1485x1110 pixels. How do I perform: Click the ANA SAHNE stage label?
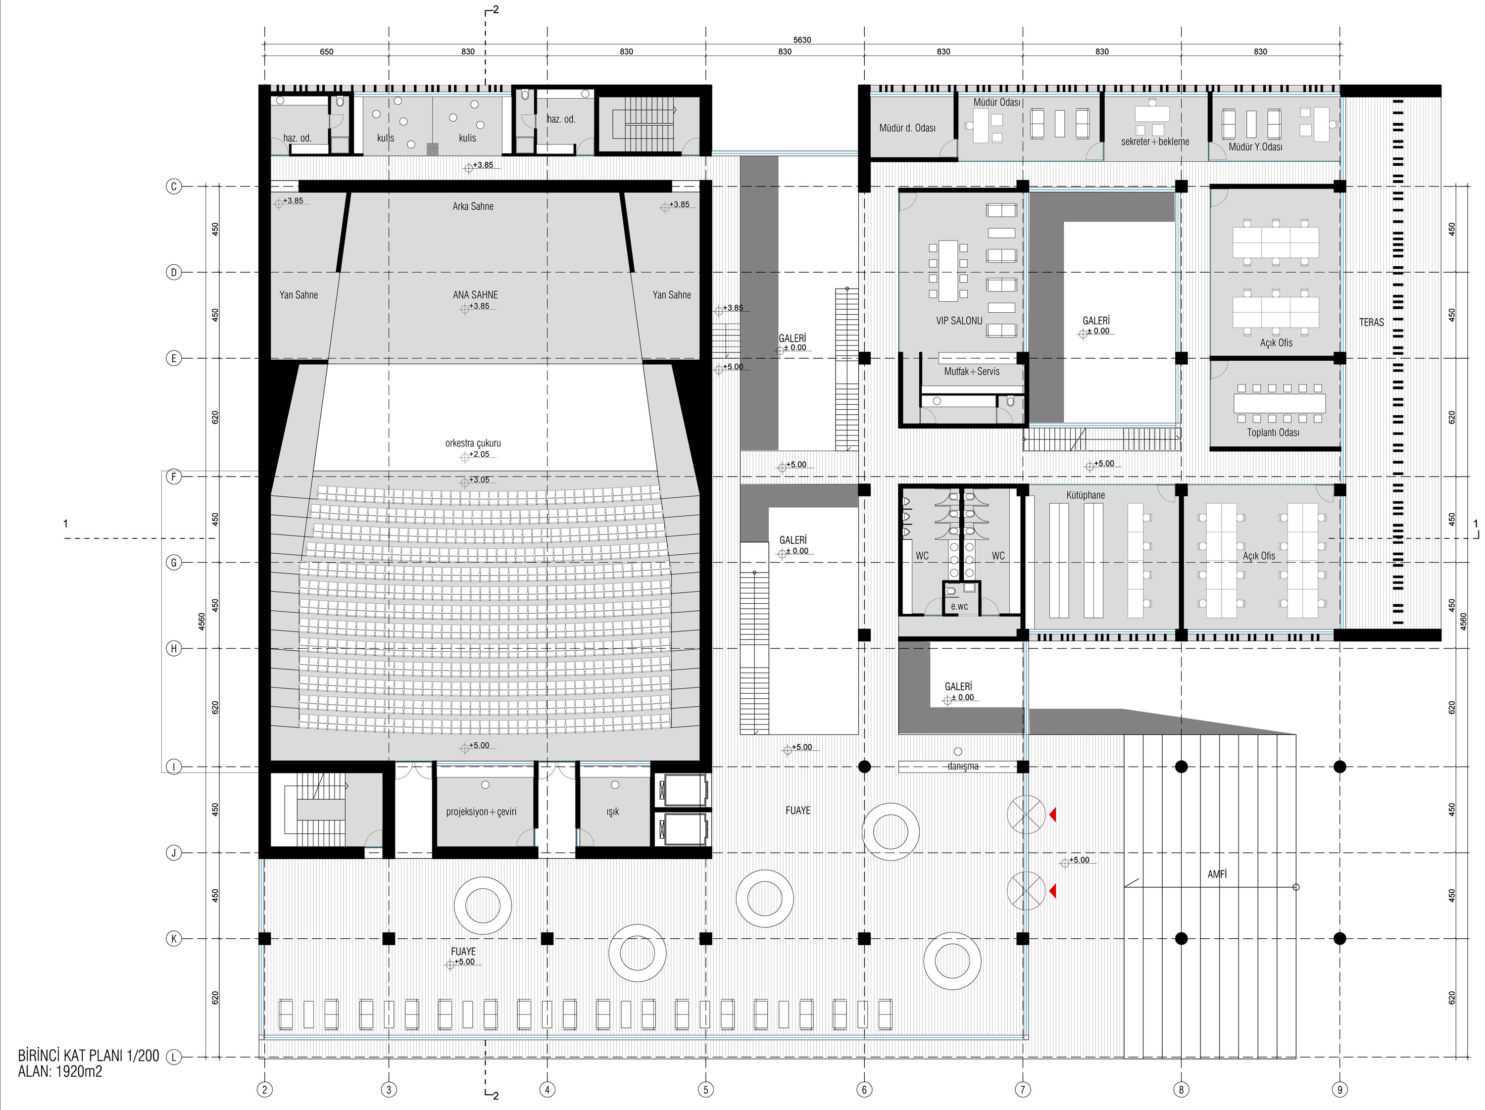[475, 294]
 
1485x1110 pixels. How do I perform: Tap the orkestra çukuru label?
[473, 443]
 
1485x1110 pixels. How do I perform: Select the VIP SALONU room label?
[959, 321]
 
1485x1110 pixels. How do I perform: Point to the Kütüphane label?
[1086, 495]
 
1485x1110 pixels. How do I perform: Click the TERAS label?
[1372, 322]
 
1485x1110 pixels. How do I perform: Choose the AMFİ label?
[1217, 874]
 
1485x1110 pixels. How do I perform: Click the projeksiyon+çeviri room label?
[481, 812]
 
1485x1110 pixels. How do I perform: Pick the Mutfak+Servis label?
[971, 371]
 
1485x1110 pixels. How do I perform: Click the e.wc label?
[959, 607]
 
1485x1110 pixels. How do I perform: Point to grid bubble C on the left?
[174, 187]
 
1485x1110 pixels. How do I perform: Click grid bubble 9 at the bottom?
[1340, 1090]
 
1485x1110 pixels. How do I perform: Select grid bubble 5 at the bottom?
[705, 1090]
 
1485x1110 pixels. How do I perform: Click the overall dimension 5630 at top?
[802, 40]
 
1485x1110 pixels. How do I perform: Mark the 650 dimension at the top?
[326, 51]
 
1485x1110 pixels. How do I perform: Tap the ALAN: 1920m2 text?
[60, 1072]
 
